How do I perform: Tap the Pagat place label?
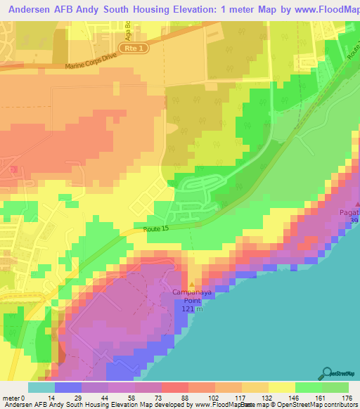349,212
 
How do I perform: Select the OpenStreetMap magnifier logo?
328,372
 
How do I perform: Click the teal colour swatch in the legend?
41,387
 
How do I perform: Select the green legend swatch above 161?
308,387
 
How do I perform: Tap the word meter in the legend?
11,398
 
